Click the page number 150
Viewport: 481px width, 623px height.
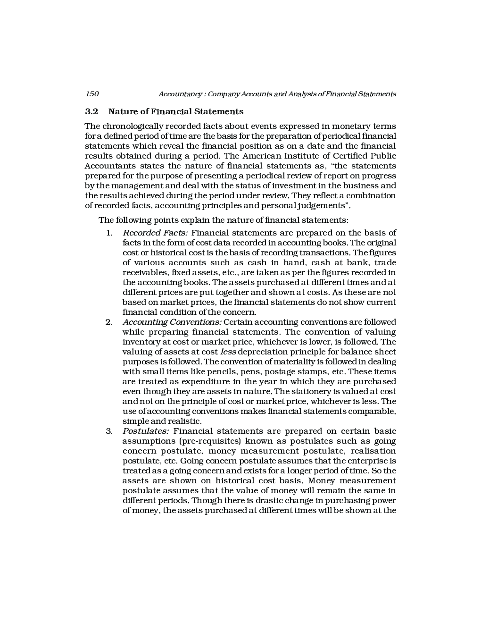click(91, 94)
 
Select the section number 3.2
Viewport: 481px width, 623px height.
click(91, 112)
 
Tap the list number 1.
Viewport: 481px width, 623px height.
click(109, 233)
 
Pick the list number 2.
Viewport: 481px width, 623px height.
click(109, 322)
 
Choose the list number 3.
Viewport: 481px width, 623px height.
click(109, 431)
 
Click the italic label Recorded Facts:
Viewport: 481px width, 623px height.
click(155, 233)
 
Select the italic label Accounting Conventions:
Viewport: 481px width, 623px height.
click(172, 322)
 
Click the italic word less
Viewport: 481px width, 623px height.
click(228, 352)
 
